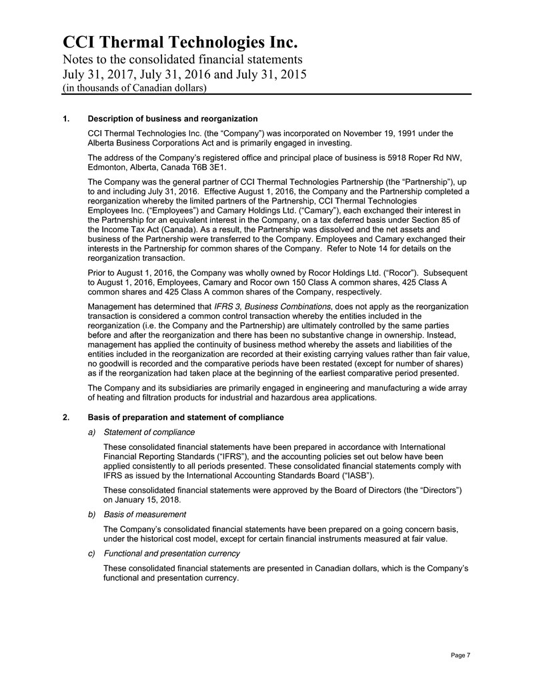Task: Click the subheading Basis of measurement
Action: coord(145,514)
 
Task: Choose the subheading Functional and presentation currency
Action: coord(172,554)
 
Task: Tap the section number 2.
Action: coord(65,417)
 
